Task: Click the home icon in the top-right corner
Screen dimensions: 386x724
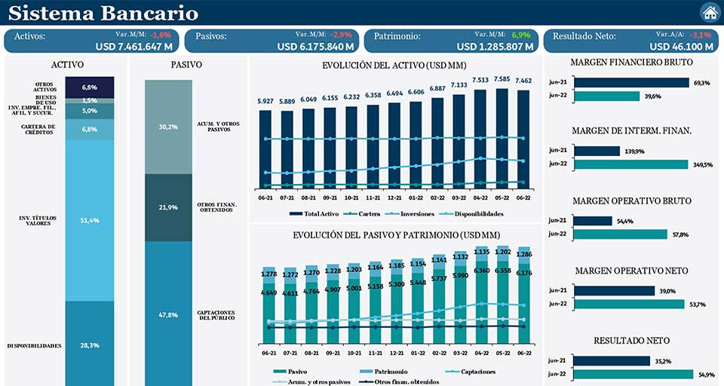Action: tap(710, 13)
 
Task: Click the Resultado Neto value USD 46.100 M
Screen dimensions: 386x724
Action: tap(682, 46)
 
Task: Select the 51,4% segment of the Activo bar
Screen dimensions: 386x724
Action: tap(90, 219)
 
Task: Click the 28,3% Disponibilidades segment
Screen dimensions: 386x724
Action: tap(90, 345)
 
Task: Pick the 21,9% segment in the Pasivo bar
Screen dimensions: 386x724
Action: tap(169, 207)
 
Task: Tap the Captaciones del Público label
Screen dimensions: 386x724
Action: tap(217, 315)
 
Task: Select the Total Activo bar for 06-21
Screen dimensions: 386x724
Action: tap(265, 148)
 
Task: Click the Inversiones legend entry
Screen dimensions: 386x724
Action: tap(412, 214)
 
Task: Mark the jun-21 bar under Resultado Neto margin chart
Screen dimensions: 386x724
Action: tap(610, 360)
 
